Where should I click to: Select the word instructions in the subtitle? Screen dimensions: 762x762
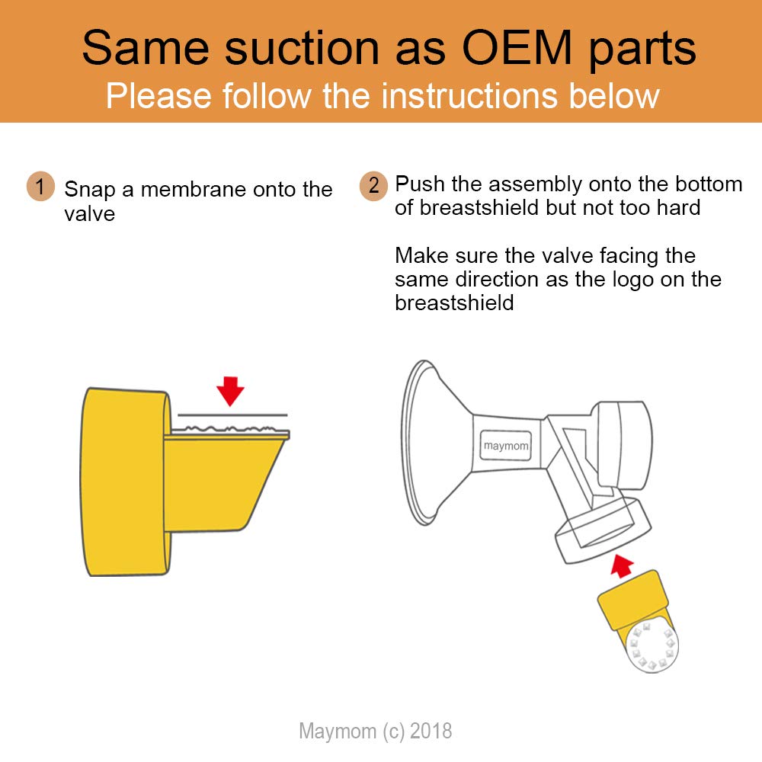click(469, 95)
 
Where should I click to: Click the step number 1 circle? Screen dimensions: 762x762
click(40, 186)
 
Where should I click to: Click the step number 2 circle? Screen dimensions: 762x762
click(373, 186)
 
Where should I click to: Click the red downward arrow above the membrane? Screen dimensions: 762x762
click(230, 391)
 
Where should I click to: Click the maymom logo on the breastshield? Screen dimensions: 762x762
click(505, 445)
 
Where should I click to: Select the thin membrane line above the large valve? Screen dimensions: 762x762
click(232, 415)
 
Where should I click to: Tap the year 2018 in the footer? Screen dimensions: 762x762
click(431, 731)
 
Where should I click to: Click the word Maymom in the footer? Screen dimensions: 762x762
click(338, 732)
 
